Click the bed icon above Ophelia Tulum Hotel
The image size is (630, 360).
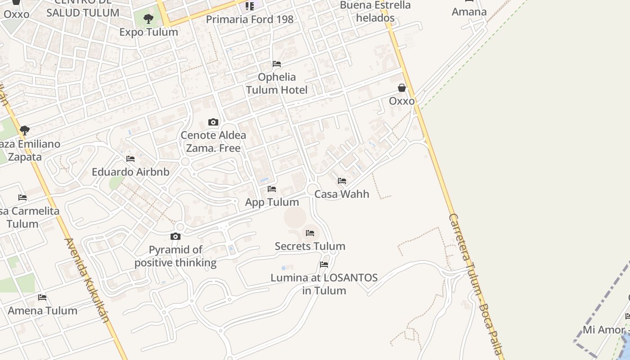click(277, 64)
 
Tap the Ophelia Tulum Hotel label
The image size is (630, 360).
click(277, 83)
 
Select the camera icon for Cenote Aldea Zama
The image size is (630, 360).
click(213, 122)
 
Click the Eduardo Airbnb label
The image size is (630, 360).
click(130, 172)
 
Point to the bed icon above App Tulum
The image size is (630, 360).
click(272, 189)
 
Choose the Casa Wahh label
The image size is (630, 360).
click(342, 194)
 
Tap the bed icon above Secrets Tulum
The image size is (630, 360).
click(310, 233)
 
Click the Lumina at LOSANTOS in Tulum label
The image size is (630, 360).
click(324, 284)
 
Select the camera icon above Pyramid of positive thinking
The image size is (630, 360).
click(175, 236)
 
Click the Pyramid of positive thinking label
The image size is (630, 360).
click(175, 256)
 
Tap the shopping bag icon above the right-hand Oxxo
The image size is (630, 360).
click(402, 88)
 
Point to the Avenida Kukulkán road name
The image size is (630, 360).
click(88, 280)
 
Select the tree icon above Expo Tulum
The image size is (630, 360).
click(148, 19)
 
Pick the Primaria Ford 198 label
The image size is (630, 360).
click(250, 19)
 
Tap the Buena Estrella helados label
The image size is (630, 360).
click(375, 12)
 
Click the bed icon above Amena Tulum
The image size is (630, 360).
click(42, 297)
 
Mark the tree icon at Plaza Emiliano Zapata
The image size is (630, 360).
click(25, 130)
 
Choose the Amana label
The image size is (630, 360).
click(469, 12)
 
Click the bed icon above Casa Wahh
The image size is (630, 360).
click(342, 181)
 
